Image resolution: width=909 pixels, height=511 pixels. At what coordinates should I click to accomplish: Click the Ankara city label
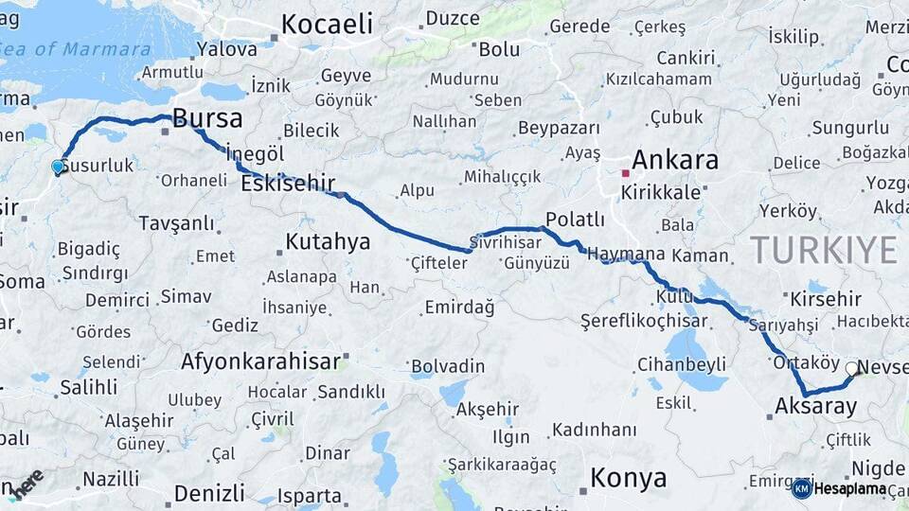pos(675,160)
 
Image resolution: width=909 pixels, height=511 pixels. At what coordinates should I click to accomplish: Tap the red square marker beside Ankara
pos(625,173)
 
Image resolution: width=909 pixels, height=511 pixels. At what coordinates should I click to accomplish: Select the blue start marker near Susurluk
pos(58,167)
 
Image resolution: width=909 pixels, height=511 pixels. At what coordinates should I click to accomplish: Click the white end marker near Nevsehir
pos(852,369)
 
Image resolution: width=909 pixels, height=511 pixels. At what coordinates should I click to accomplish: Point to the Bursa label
pos(208,119)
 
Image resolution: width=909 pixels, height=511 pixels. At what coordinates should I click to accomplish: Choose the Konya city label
pos(628,478)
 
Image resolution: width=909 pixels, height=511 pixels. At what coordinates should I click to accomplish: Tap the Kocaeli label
pos(327,25)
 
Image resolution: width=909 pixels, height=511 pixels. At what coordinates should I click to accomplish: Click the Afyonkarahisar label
pos(260,361)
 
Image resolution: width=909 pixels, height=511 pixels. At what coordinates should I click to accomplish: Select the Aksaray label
pos(815,407)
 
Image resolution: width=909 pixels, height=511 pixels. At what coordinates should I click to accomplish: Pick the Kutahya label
pos(328,242)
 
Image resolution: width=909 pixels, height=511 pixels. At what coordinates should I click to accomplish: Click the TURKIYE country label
pos(823,250)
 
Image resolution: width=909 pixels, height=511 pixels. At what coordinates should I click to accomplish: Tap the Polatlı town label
pos(575,220)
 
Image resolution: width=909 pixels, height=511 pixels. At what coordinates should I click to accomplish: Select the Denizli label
pos(209,493)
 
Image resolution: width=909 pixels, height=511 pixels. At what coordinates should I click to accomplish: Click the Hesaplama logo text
pos(853,489)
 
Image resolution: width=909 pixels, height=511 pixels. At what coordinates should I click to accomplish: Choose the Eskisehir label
pos(288,184)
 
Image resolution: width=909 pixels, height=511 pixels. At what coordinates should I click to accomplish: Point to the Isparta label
pos(310,496)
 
